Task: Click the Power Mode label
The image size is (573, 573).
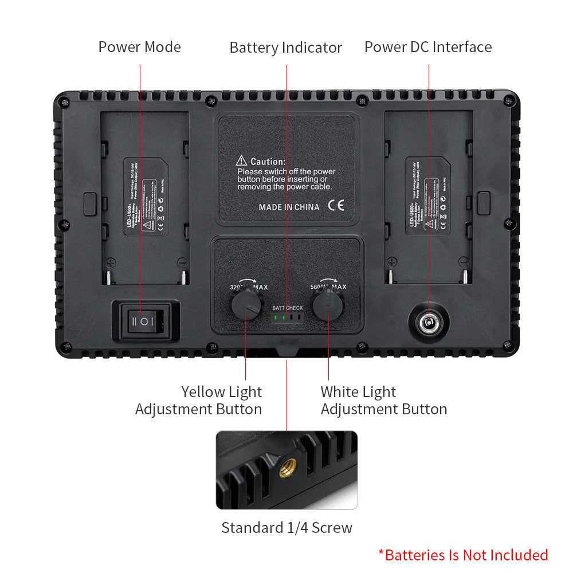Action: (139, 47)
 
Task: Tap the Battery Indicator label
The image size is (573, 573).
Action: (285, 48)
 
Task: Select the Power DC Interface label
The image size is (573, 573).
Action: (428, 47)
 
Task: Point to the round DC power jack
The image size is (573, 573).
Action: (427, 323)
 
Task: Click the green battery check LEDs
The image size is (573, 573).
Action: (280, 317)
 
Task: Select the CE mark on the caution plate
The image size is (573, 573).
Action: (336, 206)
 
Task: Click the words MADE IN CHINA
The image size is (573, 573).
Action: (289, 207)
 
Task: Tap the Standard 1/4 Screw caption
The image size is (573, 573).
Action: (286, 528)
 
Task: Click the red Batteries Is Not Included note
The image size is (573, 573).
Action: (463, 555)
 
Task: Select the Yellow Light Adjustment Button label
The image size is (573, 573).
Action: (199, 401)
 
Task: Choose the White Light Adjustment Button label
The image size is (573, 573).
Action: (383, 401)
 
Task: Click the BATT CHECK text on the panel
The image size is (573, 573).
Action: (288, 308)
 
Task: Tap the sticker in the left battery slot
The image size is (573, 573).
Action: (146, 196)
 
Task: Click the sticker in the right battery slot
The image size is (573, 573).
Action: (428, 196)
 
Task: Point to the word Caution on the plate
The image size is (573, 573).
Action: (268, 162)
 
